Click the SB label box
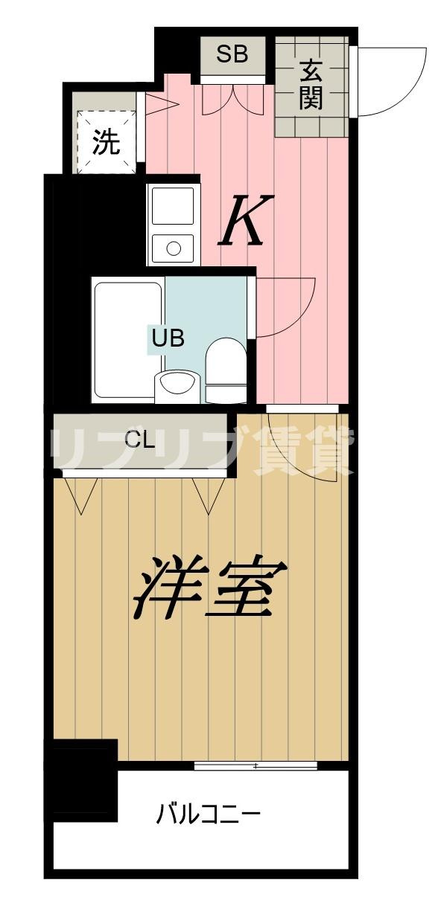(x=232, y=54)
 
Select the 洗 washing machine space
(x=107, y=141)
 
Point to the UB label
(x=168, y=338)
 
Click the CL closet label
(x=139, y=439)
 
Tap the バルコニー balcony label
(x=208, y=814)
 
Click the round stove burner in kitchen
(x=174, y=248)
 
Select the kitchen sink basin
(x=172, y=205)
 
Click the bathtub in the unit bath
(x=127, y=338)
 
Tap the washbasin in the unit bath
(x=177, y=385)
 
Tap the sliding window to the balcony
(x=256, y=765)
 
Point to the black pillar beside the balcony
(x=83, y=781)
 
